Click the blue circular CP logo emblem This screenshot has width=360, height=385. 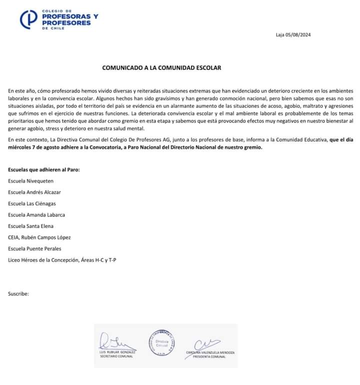[29, 19]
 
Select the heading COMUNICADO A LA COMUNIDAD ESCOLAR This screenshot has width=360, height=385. [161, 67]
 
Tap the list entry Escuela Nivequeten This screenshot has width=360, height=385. [30, 180]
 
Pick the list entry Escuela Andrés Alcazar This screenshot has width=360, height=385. [34, 192]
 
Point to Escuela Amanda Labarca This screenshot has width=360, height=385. [36, 214]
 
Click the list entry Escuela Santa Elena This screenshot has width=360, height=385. [31, 226]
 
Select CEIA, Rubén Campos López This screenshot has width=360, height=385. [39, 237]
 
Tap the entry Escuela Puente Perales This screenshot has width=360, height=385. [34, 248]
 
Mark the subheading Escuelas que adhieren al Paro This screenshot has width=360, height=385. [44, 169]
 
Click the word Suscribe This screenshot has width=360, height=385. [18, 293]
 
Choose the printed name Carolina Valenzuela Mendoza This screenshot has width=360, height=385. [210, 352]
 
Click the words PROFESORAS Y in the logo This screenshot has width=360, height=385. [70, 16]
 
